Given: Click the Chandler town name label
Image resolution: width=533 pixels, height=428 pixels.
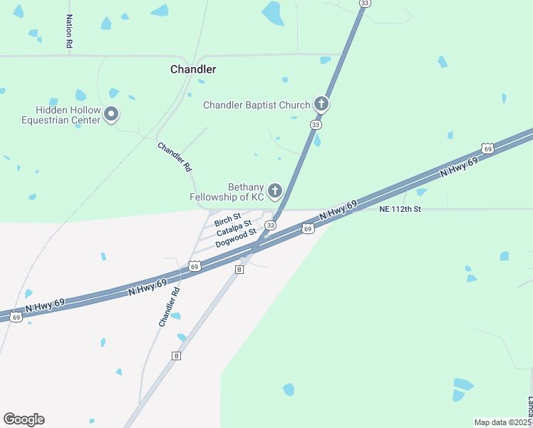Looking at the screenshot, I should click(193, 69).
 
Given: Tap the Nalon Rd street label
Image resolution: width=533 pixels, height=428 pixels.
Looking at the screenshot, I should click(69, 31).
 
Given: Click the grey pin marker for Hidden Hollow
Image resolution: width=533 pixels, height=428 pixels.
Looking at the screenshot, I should click(110, 114).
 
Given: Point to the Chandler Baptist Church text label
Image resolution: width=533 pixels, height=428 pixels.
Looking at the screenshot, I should click(257, 105).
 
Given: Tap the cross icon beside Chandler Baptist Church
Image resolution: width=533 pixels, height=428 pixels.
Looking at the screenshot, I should click(321, 105).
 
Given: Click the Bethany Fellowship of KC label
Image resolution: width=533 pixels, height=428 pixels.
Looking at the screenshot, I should click(226, 191).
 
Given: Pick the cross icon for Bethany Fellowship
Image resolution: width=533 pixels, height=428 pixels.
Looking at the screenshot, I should click(274, 190).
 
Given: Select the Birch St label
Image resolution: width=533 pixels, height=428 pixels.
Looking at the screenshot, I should click(227, 218).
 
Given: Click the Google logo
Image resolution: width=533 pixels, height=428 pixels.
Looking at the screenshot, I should click(24, 419).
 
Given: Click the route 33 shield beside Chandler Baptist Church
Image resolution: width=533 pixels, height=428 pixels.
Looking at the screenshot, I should click(315, 124).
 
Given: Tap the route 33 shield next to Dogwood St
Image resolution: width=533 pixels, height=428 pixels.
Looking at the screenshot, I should click(270, 225).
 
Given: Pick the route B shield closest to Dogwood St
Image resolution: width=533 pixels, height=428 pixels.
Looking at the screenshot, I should click(239, 269).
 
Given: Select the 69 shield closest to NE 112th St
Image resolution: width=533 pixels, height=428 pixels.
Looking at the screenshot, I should click(307, 228).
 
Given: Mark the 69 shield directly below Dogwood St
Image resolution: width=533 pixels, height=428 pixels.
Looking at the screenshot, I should click(195, 266).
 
